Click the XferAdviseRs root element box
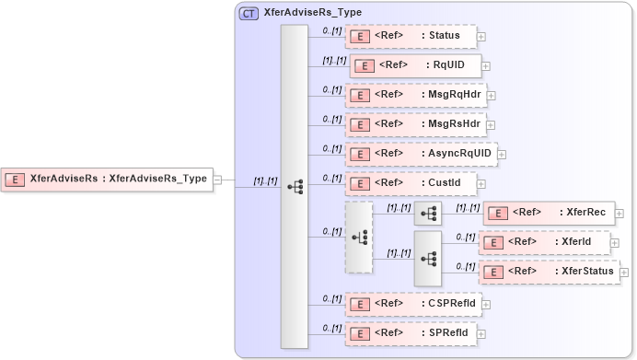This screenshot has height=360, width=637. click(107, 180)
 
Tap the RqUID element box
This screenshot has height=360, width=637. click(413, 66)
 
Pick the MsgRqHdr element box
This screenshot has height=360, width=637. click(415, 95)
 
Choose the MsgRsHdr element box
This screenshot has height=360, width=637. click(415, 123)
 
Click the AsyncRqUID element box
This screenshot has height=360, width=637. click(420, 153)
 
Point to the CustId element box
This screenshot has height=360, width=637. click(411, 182)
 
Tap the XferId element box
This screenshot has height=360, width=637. click(544, 241)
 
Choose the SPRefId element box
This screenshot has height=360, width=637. click(411, 332)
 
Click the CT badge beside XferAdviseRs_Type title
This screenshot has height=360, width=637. click(249, 14)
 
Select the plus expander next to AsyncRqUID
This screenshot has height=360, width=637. click(502, 154)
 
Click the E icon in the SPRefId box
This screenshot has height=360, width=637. click(363, 332)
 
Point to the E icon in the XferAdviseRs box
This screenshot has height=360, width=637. click(15, 180)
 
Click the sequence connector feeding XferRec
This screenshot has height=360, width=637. click(428, 213)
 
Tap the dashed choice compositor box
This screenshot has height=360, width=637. click(359, 237)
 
